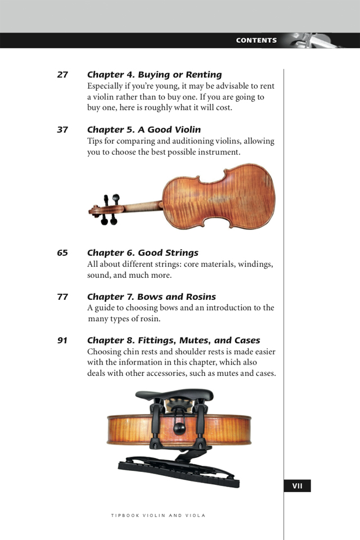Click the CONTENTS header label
click(256, 40)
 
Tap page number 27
click(62, 75)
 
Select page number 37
click(62, 130)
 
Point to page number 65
click(62, 253)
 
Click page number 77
click(62, 297)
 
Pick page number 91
click(62, 341)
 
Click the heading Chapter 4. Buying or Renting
click(154, 75)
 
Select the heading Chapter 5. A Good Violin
click(143, 130)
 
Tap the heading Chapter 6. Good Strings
click(142, 253)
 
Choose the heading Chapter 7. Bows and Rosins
click(151, 297)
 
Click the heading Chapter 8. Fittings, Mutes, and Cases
click(173, 341)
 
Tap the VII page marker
click(298, 486)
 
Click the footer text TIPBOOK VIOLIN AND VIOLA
click(158, 515)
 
